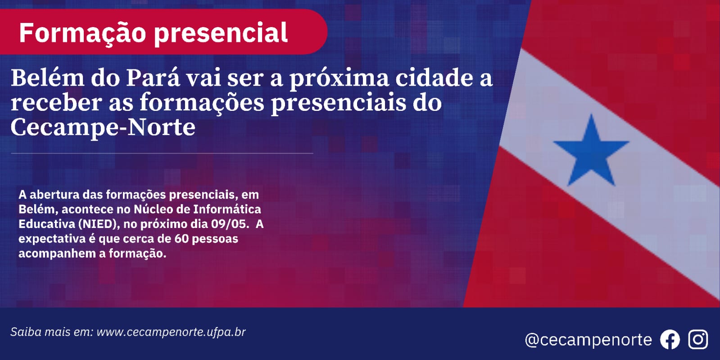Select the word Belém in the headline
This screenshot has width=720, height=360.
pos(48,78)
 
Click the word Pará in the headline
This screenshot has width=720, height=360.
pos(153,78)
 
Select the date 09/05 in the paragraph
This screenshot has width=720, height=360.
pos(230,224)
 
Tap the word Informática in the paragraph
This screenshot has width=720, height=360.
pos(227,209)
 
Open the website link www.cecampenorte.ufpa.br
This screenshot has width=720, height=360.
pos(171,332)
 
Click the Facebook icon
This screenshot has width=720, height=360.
pos(670,339)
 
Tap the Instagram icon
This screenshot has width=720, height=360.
pos(698,339)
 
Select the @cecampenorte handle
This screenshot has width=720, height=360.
pos(589,340)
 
